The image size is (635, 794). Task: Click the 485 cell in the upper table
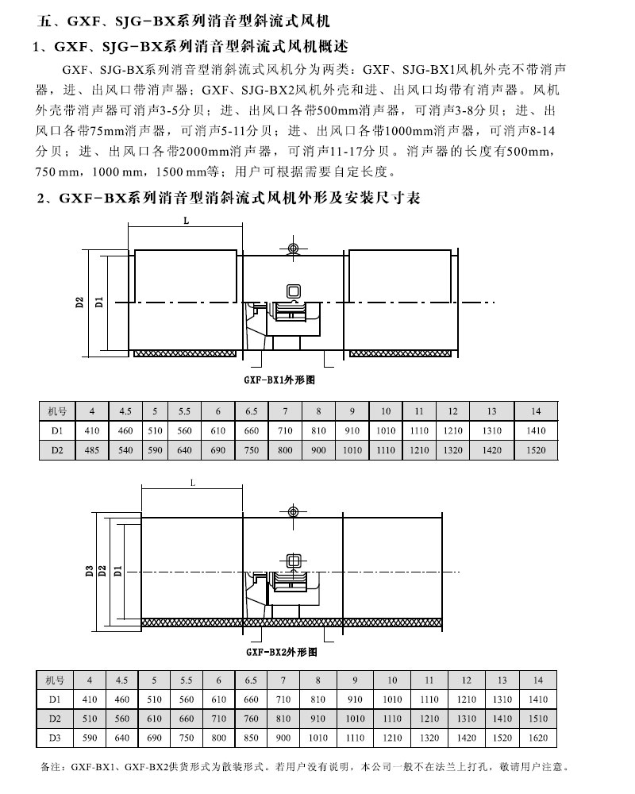(x=92, y=451)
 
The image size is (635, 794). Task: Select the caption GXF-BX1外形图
(x=282, y=380)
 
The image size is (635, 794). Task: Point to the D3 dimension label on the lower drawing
(x=90, y=569)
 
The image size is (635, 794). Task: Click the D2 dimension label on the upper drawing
(x=79, y=302)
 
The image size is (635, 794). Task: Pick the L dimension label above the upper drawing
(x=185, y=221)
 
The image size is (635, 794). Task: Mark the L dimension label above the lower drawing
(x=193, y=482)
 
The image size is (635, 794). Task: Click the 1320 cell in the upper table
(x=452, y=451)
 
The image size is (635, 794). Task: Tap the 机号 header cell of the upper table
(x=58, y=410)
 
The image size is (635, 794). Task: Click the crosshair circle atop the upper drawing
(x=294, y=250)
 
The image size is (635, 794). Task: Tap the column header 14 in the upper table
(x=537, y=410)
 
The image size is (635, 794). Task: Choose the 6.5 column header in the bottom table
(x=251, y=680)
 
